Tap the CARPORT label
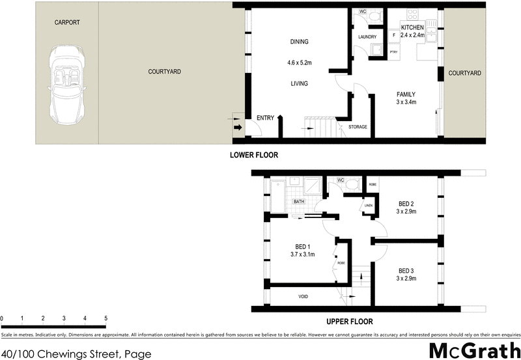click(x=67, y=22)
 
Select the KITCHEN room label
click(x=412, y=27)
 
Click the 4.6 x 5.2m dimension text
click(x=299, y=63)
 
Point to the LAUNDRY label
click(x=368, y=36)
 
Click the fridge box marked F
click(x=394, y=35)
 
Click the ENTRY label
click(x=265, y=118)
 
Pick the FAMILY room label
click(x=406, y=94)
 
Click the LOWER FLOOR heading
click(x=254, y=156)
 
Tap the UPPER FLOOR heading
click(x=349, y=322)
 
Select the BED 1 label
click(x=303, y=246)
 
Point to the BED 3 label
click(x=406, y=271)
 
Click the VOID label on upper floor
click(x=303, y=297)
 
